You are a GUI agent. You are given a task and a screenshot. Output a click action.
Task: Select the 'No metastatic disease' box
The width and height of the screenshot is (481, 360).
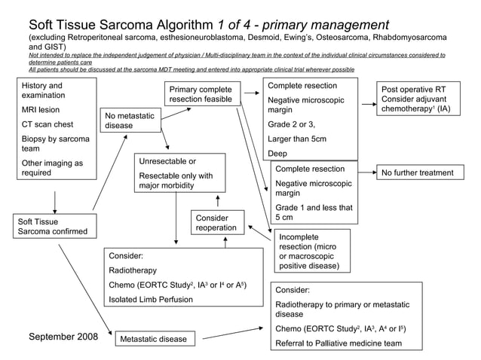[x=130, y=121]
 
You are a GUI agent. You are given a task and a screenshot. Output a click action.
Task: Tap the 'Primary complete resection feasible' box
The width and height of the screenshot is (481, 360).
[x=200, y=95]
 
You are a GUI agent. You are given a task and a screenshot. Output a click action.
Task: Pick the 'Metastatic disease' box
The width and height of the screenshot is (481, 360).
[x=153, y=339]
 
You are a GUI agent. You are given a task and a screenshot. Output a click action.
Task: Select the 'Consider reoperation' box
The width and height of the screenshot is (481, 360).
[x=217, y=223]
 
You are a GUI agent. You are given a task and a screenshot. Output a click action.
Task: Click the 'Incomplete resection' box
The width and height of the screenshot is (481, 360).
[x=310, y=251]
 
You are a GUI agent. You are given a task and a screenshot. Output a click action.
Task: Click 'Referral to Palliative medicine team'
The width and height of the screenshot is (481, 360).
[x=337, y=343]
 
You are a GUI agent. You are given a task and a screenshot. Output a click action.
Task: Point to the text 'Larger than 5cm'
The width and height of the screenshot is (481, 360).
[x=297, y=139]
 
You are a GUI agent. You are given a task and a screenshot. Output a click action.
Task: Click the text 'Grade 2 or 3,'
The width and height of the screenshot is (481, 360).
[x=292, y=124]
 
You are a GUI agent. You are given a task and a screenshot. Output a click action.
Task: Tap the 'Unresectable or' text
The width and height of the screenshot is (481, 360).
[x=167, y=161]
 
